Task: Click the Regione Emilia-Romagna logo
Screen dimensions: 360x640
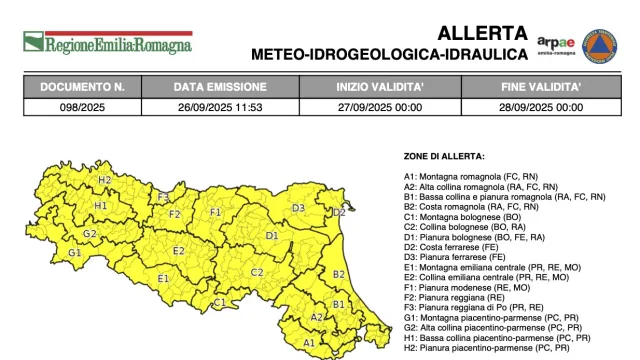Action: [108, 43]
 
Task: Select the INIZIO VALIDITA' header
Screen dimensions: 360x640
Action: [379, 87]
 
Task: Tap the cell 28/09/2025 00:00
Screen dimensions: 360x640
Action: [542, 105]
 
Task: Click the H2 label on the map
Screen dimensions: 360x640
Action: [104, 180]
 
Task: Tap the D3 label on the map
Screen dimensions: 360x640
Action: [298, 208]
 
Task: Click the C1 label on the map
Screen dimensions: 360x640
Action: [219, 302]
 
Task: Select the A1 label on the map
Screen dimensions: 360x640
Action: [309, 343]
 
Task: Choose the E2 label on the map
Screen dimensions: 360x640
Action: [179, 250]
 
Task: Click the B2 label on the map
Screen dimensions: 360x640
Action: [338, 274]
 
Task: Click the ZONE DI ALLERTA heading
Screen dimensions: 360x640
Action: [444, 156]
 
